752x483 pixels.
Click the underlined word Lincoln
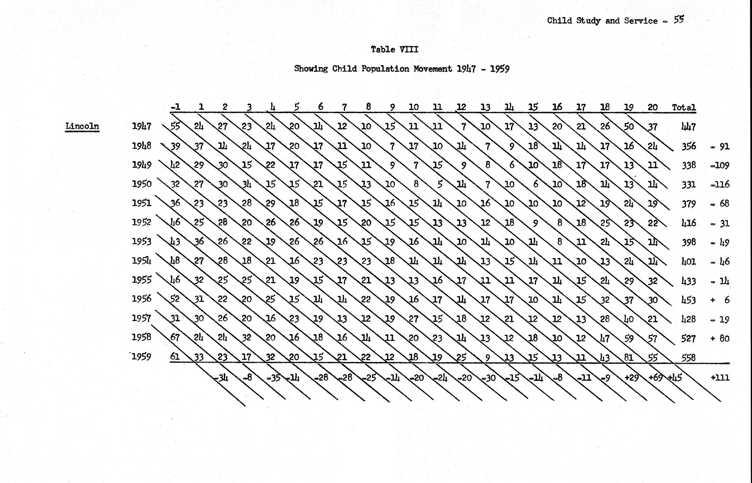82,126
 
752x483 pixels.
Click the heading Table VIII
394,49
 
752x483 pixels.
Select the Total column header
684,107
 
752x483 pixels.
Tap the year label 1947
142,126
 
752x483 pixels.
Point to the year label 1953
142,241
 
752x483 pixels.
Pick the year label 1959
142,357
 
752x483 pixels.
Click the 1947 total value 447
688,127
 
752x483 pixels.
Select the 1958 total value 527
688,338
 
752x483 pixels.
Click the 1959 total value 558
688,358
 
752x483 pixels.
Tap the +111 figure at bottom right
720,377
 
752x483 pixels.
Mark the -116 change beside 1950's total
720,184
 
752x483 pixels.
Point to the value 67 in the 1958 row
175,337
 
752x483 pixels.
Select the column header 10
414,107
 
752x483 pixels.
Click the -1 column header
175,107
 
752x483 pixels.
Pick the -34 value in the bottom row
221,378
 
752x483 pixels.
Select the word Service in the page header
641,21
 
